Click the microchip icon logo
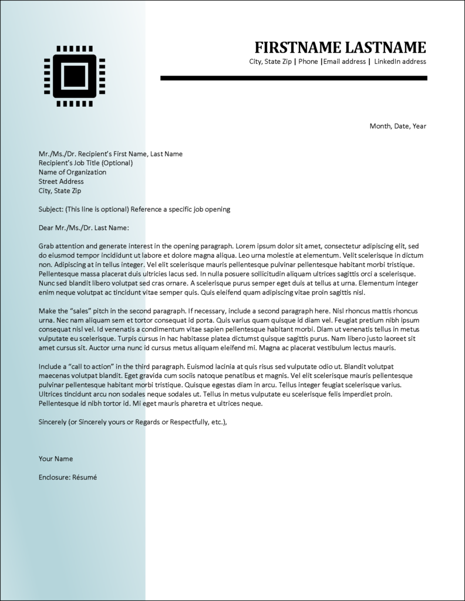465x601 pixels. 74,76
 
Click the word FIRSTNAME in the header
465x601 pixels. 298,47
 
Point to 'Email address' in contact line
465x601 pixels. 345,62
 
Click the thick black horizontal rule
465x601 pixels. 294,77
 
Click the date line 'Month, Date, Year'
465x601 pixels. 397,126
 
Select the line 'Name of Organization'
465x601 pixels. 72,173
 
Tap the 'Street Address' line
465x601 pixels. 61,182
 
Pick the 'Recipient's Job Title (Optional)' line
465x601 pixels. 86,163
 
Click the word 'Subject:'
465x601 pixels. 50,210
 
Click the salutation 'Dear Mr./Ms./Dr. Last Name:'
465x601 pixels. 83,228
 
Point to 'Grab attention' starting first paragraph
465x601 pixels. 62,247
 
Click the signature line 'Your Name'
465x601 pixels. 56,459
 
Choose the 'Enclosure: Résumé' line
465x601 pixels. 68,478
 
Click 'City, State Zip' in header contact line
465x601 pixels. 270,62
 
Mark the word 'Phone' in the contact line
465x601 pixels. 308,62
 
